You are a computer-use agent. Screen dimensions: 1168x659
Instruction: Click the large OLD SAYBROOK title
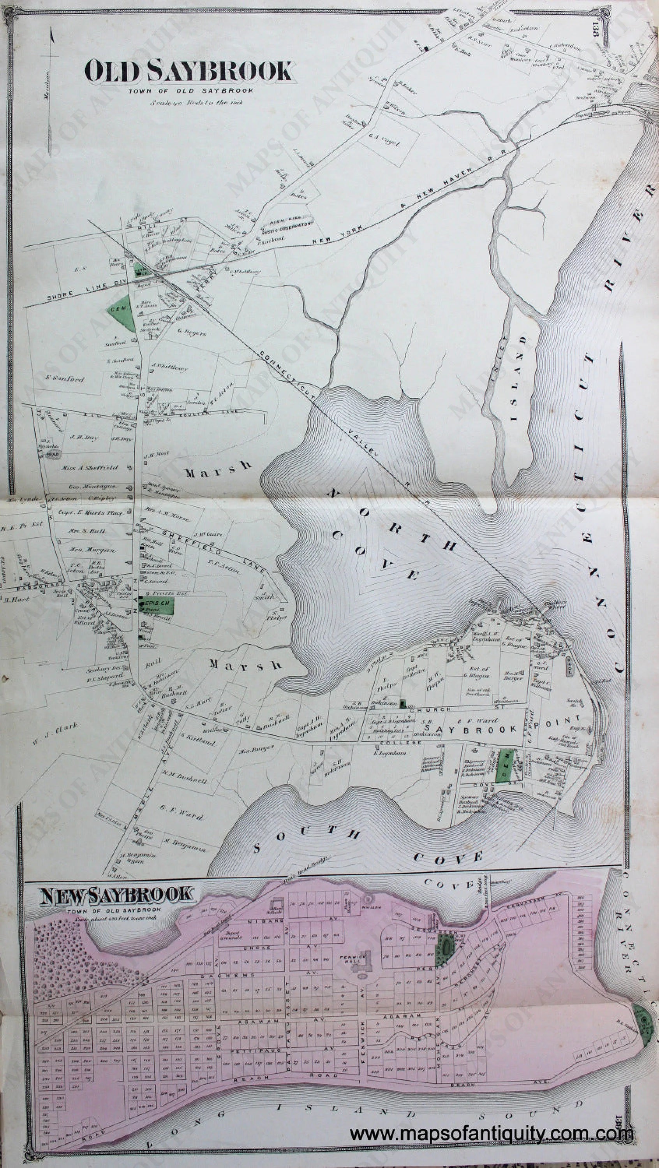[190, 72]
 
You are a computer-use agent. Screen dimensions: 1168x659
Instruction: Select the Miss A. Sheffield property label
[90, 468]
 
